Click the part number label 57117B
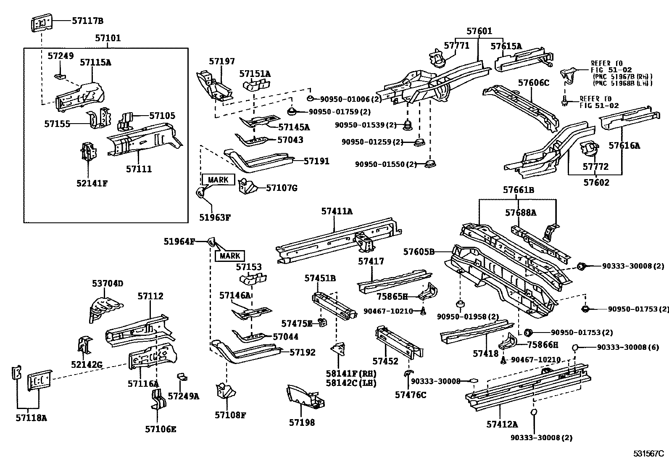[87, 21]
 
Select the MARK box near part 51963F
[219, 180]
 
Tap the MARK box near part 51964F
[230, 256]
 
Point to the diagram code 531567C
[648, 454]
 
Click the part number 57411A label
[337, 211]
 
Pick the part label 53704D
[108, 283]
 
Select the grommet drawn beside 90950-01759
[291, 112]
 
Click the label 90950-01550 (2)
[386, 164]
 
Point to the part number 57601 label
[479, 31]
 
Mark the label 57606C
[534, 82]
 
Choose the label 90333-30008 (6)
[628, 347]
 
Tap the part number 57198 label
[302, 422]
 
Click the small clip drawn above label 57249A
[182, 377]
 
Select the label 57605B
[419, 252]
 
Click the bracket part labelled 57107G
[248, 186]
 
